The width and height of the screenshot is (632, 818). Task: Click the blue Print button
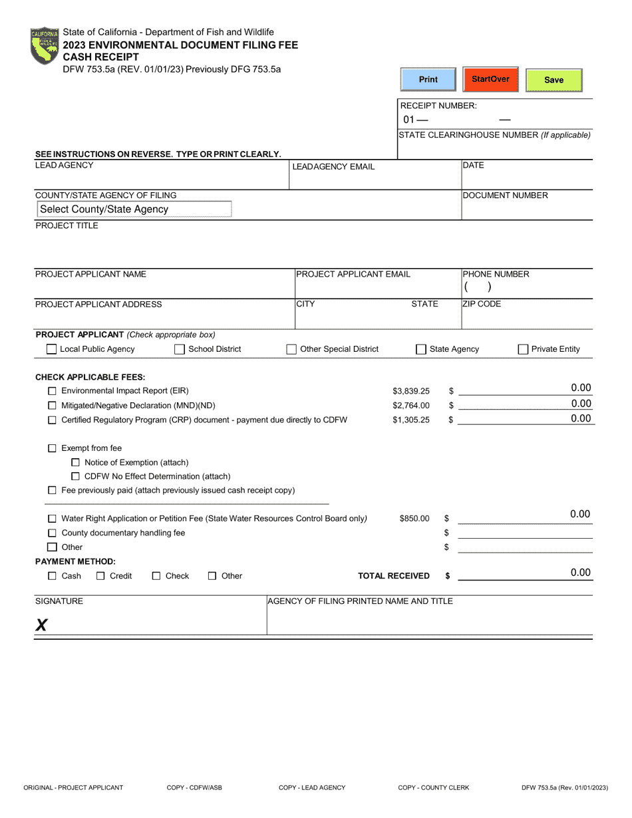pyautogui.click(x=428, y=80)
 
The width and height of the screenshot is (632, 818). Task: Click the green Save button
pyautogui.click(x=553, y=80)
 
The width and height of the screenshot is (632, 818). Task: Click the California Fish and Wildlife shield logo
pyautogui.click(x=45, y=46)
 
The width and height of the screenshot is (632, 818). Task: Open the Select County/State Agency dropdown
pyautogui.click(x=134, y=209)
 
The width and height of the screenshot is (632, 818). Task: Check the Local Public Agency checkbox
pyautogui.click(x=51, y=349)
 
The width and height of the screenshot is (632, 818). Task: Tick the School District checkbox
pyautogui.click(x=180, y=349)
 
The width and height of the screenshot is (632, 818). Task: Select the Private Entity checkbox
pyautogui.click(x=523, y=349)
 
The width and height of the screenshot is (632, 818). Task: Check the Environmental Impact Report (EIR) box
pyautogui.click(x=52, y=391)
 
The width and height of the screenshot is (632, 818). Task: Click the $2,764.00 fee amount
pyautogui.click(x=410, y=406)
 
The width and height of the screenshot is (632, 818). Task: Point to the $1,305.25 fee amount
pyautogui.click(x=410, y=420)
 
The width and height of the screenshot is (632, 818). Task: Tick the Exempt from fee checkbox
pyautogui.click(x=52, y=449)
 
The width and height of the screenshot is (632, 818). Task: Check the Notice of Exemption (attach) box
pyautogui.click(x=75, y=463)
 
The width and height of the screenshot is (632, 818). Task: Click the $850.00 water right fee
pyautogui.click(x=414, y=519)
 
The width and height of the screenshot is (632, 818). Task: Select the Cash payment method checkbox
pyautogui.click(x=52, y=576)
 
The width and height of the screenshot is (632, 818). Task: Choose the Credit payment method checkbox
pyautogui.click(x=101, y=576)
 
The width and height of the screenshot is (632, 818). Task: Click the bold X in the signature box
pyautogui.click(x=41, y=624)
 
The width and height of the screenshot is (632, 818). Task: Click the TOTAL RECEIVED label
pyautogui.click(x=393, y=576)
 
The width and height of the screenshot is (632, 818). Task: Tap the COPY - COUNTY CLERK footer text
pyautogui.click(x=433, y=787)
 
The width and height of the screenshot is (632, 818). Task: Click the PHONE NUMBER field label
pyautogui.click(x=496, y=274)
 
